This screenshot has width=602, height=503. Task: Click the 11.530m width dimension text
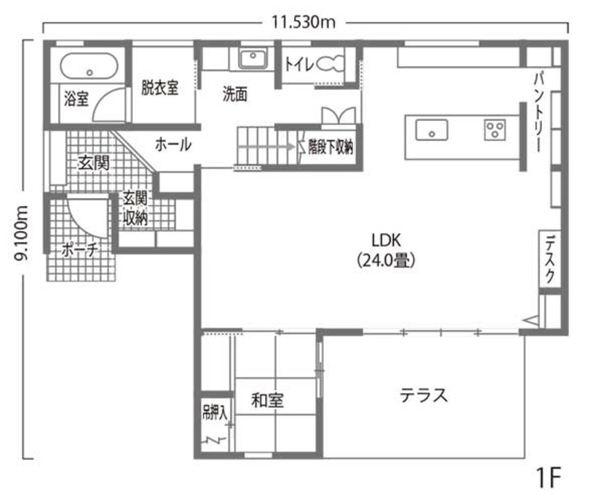(303, 22)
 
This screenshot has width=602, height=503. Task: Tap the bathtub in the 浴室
(89, 66)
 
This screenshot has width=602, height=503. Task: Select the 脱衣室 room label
(160, 88)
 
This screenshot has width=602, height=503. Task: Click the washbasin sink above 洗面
(252, 58)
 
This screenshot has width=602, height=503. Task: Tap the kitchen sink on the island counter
(431, 129)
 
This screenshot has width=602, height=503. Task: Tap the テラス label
(423, 396)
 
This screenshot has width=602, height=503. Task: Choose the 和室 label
(267, 400)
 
